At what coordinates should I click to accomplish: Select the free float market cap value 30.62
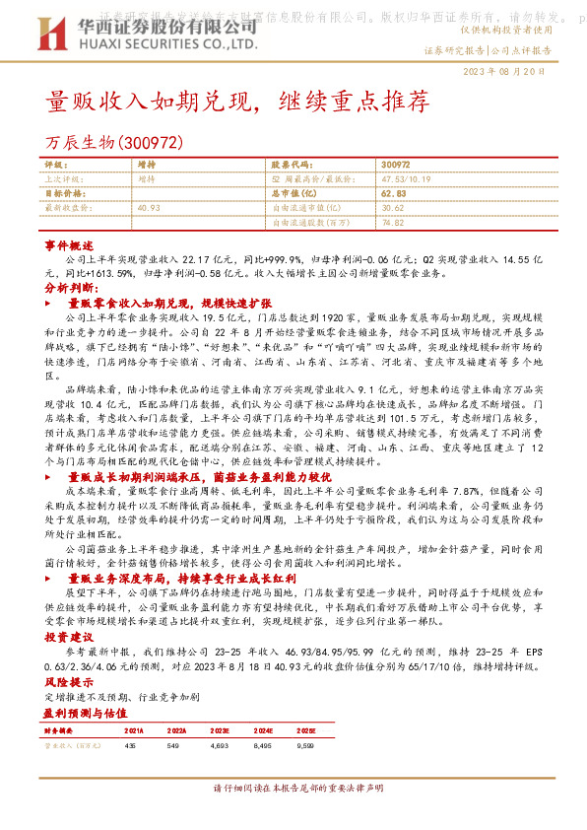coord(393,208)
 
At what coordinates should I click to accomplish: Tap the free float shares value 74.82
coord(393,223)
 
